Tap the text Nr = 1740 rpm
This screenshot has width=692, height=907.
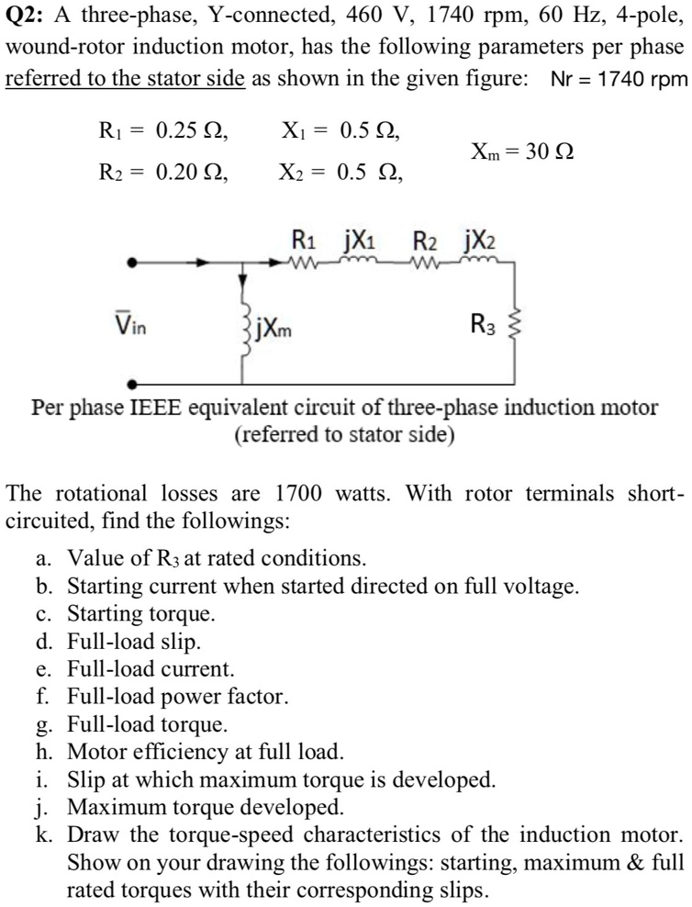[x=618, y=79]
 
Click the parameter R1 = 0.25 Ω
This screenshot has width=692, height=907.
[x=162, y=131]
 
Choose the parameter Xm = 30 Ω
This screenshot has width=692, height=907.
[x=523, y=151]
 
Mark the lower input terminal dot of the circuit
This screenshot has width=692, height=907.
[x=134, y=385]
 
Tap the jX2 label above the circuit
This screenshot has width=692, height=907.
[x=482, y=243]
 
